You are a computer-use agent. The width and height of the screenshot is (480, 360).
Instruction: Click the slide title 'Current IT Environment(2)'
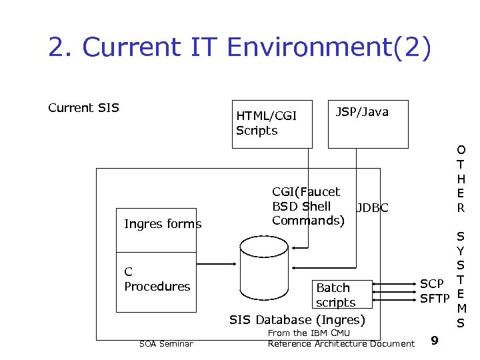tap(239, 48)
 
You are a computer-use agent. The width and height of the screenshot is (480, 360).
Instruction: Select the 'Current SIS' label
tap(83, 107)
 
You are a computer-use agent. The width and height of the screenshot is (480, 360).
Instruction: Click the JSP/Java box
tap(367, 124)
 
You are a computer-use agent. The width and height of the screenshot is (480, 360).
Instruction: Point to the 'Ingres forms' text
tap(163, 224)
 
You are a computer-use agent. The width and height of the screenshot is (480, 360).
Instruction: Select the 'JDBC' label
tap(372, 208)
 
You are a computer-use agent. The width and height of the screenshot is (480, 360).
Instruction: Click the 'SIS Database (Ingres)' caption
tap(297, 320)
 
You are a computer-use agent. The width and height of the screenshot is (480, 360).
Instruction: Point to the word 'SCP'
tap(432, 285)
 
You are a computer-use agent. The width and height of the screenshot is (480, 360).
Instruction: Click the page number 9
tap(435, 341)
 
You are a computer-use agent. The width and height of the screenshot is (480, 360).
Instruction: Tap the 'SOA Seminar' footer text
tap(166, 344)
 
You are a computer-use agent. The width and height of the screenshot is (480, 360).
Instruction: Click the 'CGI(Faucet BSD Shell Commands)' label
tap(308, 205)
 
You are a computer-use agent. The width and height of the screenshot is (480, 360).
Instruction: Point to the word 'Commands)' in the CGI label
tap(308, 220)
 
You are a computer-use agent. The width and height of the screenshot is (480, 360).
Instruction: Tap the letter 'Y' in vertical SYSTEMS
tap(461, 251)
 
